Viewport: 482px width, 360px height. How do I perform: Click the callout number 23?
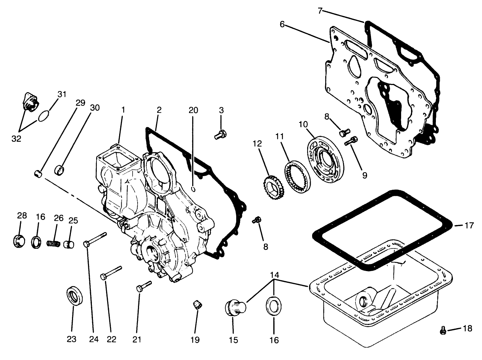click(x=72, y=339)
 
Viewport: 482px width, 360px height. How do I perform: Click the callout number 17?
click(x=469, y=225)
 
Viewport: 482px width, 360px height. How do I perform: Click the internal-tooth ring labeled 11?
click(x=298, y=176)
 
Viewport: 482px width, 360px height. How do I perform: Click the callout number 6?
click(x=282, y=24)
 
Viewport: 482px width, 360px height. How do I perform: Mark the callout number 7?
click(x=320, y=11)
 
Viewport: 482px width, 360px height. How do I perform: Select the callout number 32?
click(x=16, y=138)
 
